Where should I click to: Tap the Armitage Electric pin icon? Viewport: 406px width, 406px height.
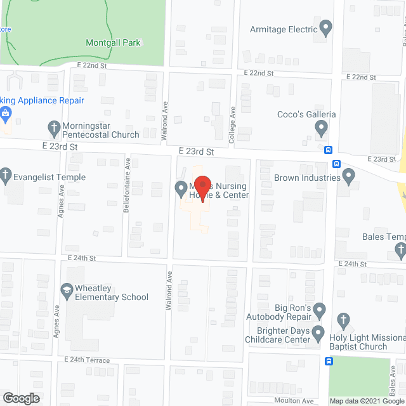click(325, 29)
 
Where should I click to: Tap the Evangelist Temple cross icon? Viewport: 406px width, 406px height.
click(6, 173)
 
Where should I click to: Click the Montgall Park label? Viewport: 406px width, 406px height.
click(113, 43)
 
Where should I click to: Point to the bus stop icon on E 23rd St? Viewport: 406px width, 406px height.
click(328, 150)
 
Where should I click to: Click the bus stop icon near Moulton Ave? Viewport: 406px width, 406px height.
click(328, 362)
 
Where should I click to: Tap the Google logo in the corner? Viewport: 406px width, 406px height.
click(20, 398)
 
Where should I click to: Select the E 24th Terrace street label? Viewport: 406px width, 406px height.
click(87, 360)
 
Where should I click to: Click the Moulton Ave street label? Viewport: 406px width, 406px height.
click(295, 400)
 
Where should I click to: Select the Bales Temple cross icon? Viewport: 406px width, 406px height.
click(399, 252)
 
